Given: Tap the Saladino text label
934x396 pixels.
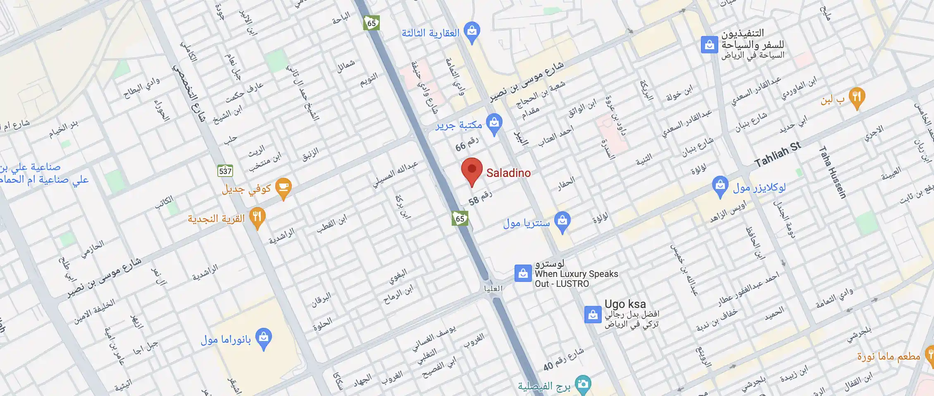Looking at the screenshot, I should click(x=508, y=173).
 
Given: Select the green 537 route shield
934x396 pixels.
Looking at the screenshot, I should click(x=225, y=171).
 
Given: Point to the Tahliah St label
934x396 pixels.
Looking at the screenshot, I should click(x=777, y=154).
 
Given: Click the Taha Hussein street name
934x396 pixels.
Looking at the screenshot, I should click(x=833, y=172).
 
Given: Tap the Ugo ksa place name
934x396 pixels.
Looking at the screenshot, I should click(x=625, y=304).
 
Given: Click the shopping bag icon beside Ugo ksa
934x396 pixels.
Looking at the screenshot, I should click(x=593, y=315).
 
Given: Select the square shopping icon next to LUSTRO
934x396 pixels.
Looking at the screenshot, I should click(x=523, y=273).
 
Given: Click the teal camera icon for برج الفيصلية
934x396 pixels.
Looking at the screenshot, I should click(x=583, y=384).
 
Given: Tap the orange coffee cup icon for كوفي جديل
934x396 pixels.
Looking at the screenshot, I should click(x=284, y=188).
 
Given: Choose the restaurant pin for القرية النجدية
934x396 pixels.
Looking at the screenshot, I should click(x=257, y=217).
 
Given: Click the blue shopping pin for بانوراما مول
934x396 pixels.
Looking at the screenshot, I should click(x=264, y=338).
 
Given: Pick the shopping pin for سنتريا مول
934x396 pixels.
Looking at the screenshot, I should click(x=562, y=221).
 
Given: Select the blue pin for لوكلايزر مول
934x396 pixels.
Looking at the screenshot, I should click(x=720, y=186).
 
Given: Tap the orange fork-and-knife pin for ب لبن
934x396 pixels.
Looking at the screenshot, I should click(x=857, y=98).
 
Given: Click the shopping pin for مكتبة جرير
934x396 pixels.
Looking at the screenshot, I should click(x=494, y=124).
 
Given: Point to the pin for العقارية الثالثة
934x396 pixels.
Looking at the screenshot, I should click(x=472, y=32).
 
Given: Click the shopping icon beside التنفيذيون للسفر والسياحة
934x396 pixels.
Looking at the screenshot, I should click(x=709, y=45).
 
